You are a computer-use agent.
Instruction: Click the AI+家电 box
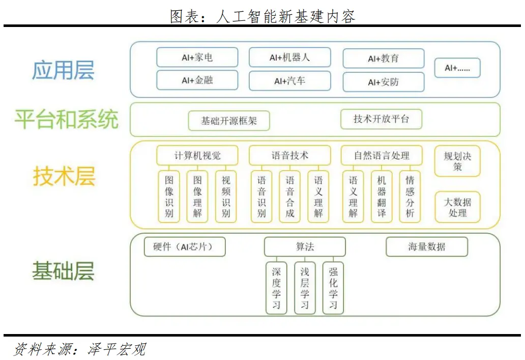coord(197,58)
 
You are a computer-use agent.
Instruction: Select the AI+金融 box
coord(197,80)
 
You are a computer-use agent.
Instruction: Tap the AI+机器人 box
coord(289,58)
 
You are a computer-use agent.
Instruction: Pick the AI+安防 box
coord(384,82)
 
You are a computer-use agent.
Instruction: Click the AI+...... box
coord(457,68)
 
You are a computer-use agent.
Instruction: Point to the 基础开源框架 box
coord(229,121)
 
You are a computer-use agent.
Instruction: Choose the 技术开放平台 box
coord(382,119)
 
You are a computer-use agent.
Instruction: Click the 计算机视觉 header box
coord(197,155)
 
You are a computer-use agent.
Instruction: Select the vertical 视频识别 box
coord(226,197)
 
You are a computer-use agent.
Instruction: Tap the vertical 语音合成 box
coord(290,197)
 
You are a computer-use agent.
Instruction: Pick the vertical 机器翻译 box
coord(382,197)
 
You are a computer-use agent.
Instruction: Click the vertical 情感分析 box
coord(410,197)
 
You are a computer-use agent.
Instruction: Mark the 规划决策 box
coord(457,161)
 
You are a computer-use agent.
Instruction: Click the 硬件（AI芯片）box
coord(185,246)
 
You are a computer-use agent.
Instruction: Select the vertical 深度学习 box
coord(276,288)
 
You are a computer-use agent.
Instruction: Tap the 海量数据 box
coord(427,246)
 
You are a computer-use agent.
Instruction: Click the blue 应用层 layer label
coord(63,70)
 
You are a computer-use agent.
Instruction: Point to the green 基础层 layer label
coord(63,271)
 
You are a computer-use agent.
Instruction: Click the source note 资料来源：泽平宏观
coord(80,349)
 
